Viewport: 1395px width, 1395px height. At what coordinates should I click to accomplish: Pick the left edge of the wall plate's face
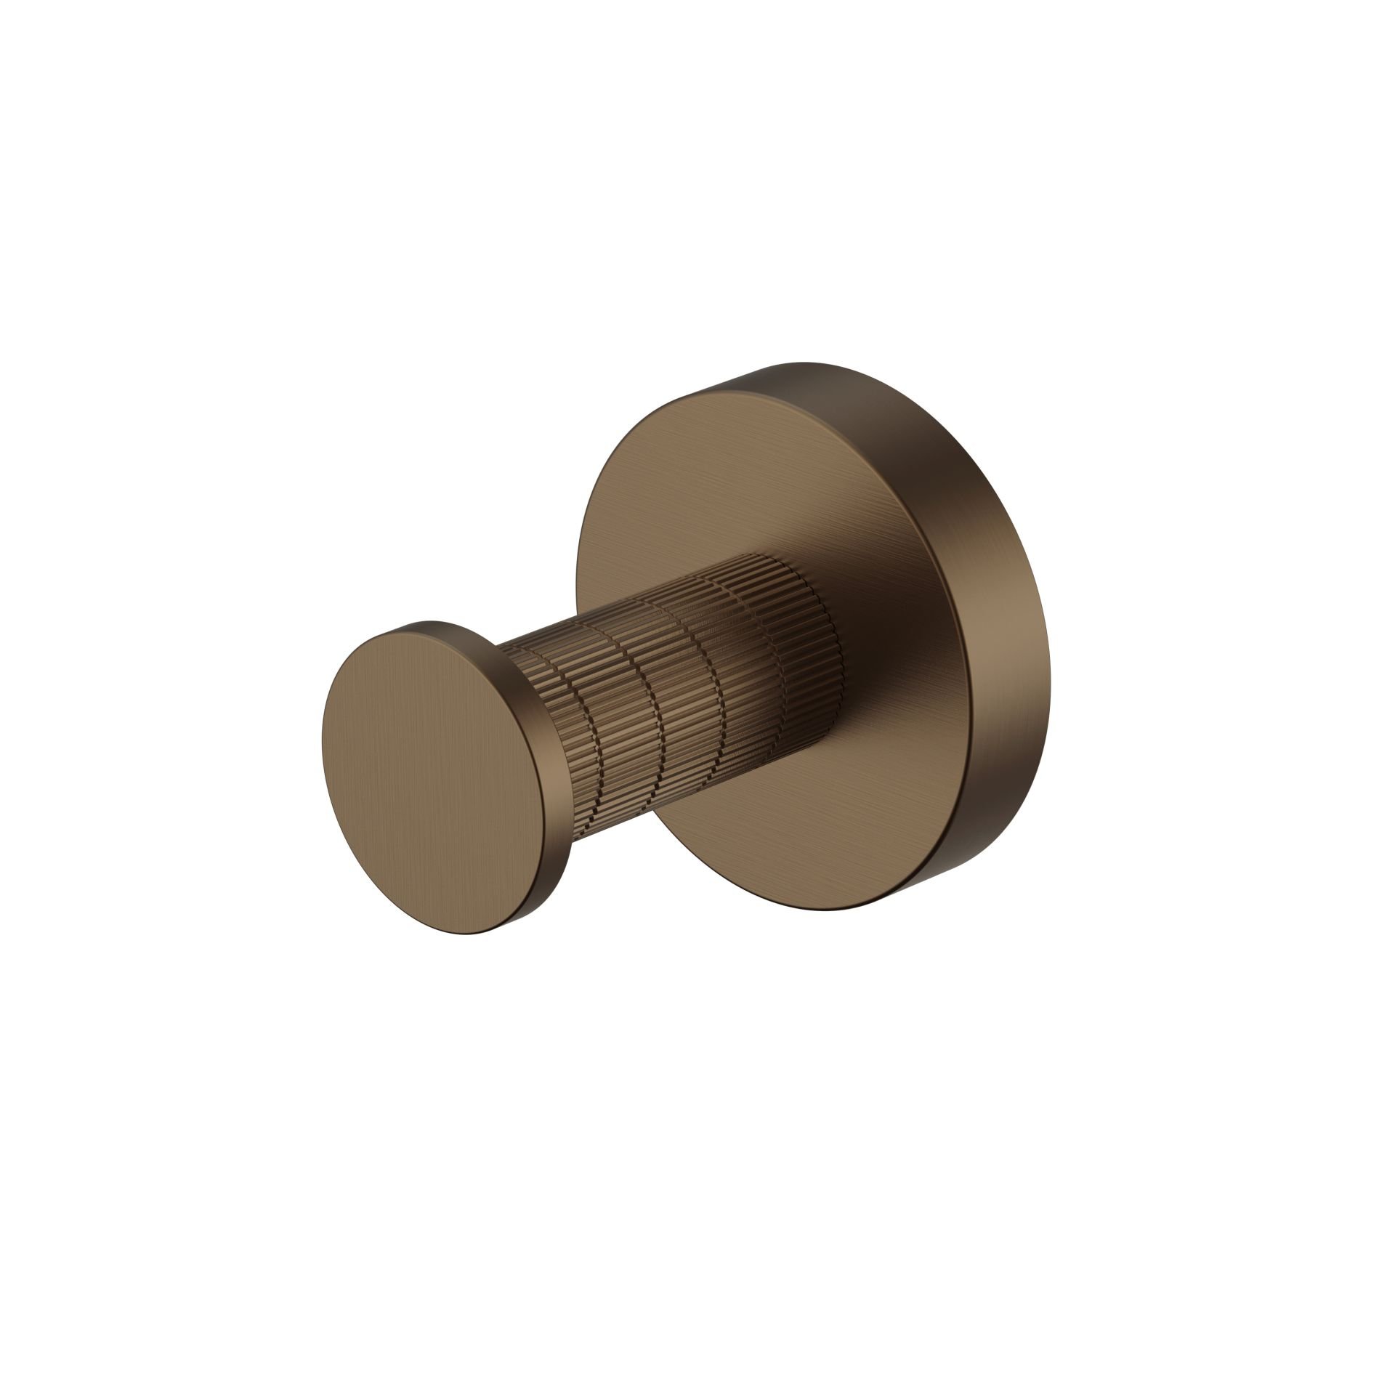(578, 618)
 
